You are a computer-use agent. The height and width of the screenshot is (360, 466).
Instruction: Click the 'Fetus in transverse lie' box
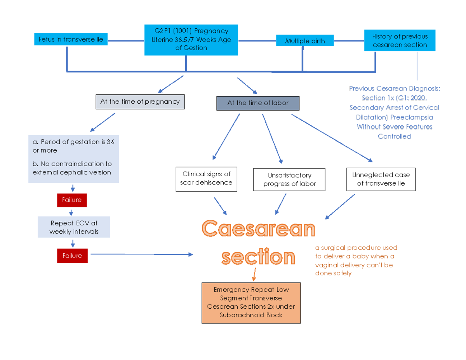point(71,40)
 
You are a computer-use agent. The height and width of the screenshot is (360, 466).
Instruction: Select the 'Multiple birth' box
point(305,41)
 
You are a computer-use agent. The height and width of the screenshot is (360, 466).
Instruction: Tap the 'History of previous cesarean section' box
point(400,41)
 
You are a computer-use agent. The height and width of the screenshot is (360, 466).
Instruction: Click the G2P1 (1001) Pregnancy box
point(191,40)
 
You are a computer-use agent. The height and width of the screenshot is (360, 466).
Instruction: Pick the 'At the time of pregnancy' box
point(140,102)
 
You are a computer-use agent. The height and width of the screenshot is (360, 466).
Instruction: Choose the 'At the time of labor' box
point(258,103)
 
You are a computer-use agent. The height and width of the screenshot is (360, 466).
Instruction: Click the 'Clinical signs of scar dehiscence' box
point(206,179)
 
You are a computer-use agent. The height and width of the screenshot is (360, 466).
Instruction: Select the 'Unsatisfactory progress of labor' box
point(289,179)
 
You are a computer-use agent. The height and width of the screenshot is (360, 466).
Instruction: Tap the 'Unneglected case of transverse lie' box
point(381,179)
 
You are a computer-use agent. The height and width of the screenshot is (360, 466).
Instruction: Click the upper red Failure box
point(72,200)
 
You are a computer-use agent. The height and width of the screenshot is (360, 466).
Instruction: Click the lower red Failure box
point(72,256)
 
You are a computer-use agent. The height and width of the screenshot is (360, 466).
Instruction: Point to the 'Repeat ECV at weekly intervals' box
point(74,227)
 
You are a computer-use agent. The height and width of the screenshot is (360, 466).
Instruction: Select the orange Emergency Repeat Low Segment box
point(251,303)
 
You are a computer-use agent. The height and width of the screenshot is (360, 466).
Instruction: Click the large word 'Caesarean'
point(259,229)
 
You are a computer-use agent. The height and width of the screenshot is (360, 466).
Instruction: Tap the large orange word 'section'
point(258,257)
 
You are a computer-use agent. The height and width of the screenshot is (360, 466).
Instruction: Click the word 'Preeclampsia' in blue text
point(412,117)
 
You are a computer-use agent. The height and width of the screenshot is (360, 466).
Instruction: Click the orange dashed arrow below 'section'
point(254,274)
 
